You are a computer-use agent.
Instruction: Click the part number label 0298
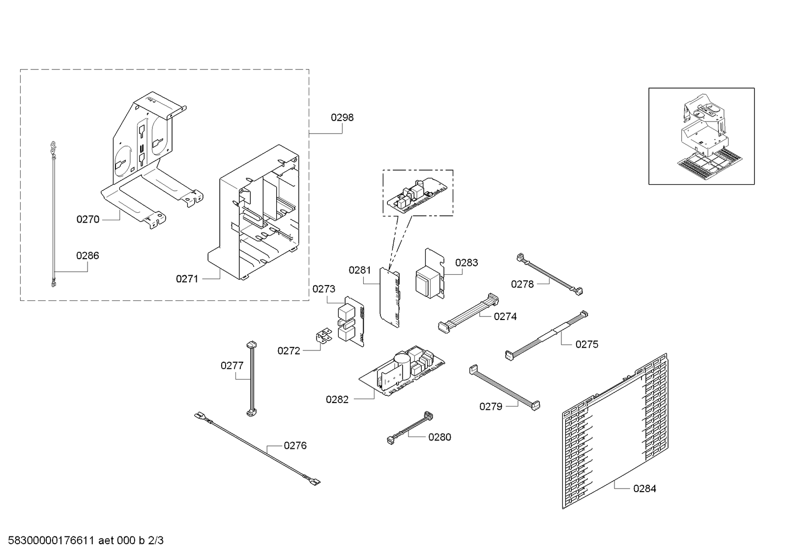coord(342,117)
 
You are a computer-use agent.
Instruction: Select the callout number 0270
coord(88,219)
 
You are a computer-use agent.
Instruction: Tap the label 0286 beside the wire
coord(87,256)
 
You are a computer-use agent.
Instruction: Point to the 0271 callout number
coord(187,279)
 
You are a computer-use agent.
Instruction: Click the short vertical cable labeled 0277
coord(252,379)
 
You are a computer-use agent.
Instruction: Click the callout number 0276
coord(295,445)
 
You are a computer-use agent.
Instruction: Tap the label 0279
coord(491,406)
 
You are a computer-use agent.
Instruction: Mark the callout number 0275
coord(587,344)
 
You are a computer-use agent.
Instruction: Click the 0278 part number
coord(522,284)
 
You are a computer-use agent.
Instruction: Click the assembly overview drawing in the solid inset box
coord(701,136)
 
